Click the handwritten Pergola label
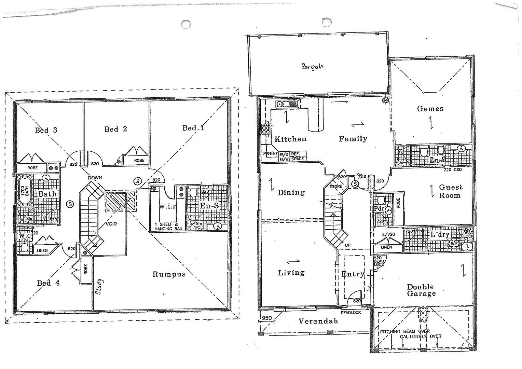pyautogui.click(x=313, y=66)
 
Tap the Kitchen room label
pyautogui.click(x=290, y=139)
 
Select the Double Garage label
pyautogui.click(x=421, y=290)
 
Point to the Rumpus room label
pyautogui.click(x=169, y=274)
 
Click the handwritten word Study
pyautogui.click(x=99, y=287)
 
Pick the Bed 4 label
pyautogui.click(x=48, y=283)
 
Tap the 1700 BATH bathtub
pyautogui.click(x=24, y=191)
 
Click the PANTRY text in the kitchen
pyautogui.click(x=270, y=153)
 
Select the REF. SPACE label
pyautogui.click(x=297, y=156)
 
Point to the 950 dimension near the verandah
pyautogui.click(x=266, y=318)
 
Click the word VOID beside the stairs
pyautogui.click(x=111, y=224)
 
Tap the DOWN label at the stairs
pyautogui.click(x=95, y=178)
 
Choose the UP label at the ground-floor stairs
pyautogui.click(x=347, y=245)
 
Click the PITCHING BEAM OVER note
pyautogui.click(x=405, y=331)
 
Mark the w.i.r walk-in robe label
pyautogui.click(x=167, y=206)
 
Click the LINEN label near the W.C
pyautogui.click(x=42, y=250)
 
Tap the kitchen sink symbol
pyautogui.click(x=283, y=104)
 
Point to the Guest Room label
pyautogui.click(x=450, y=191)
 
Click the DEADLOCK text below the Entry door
pyautogui.click(x=351, y=313)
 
